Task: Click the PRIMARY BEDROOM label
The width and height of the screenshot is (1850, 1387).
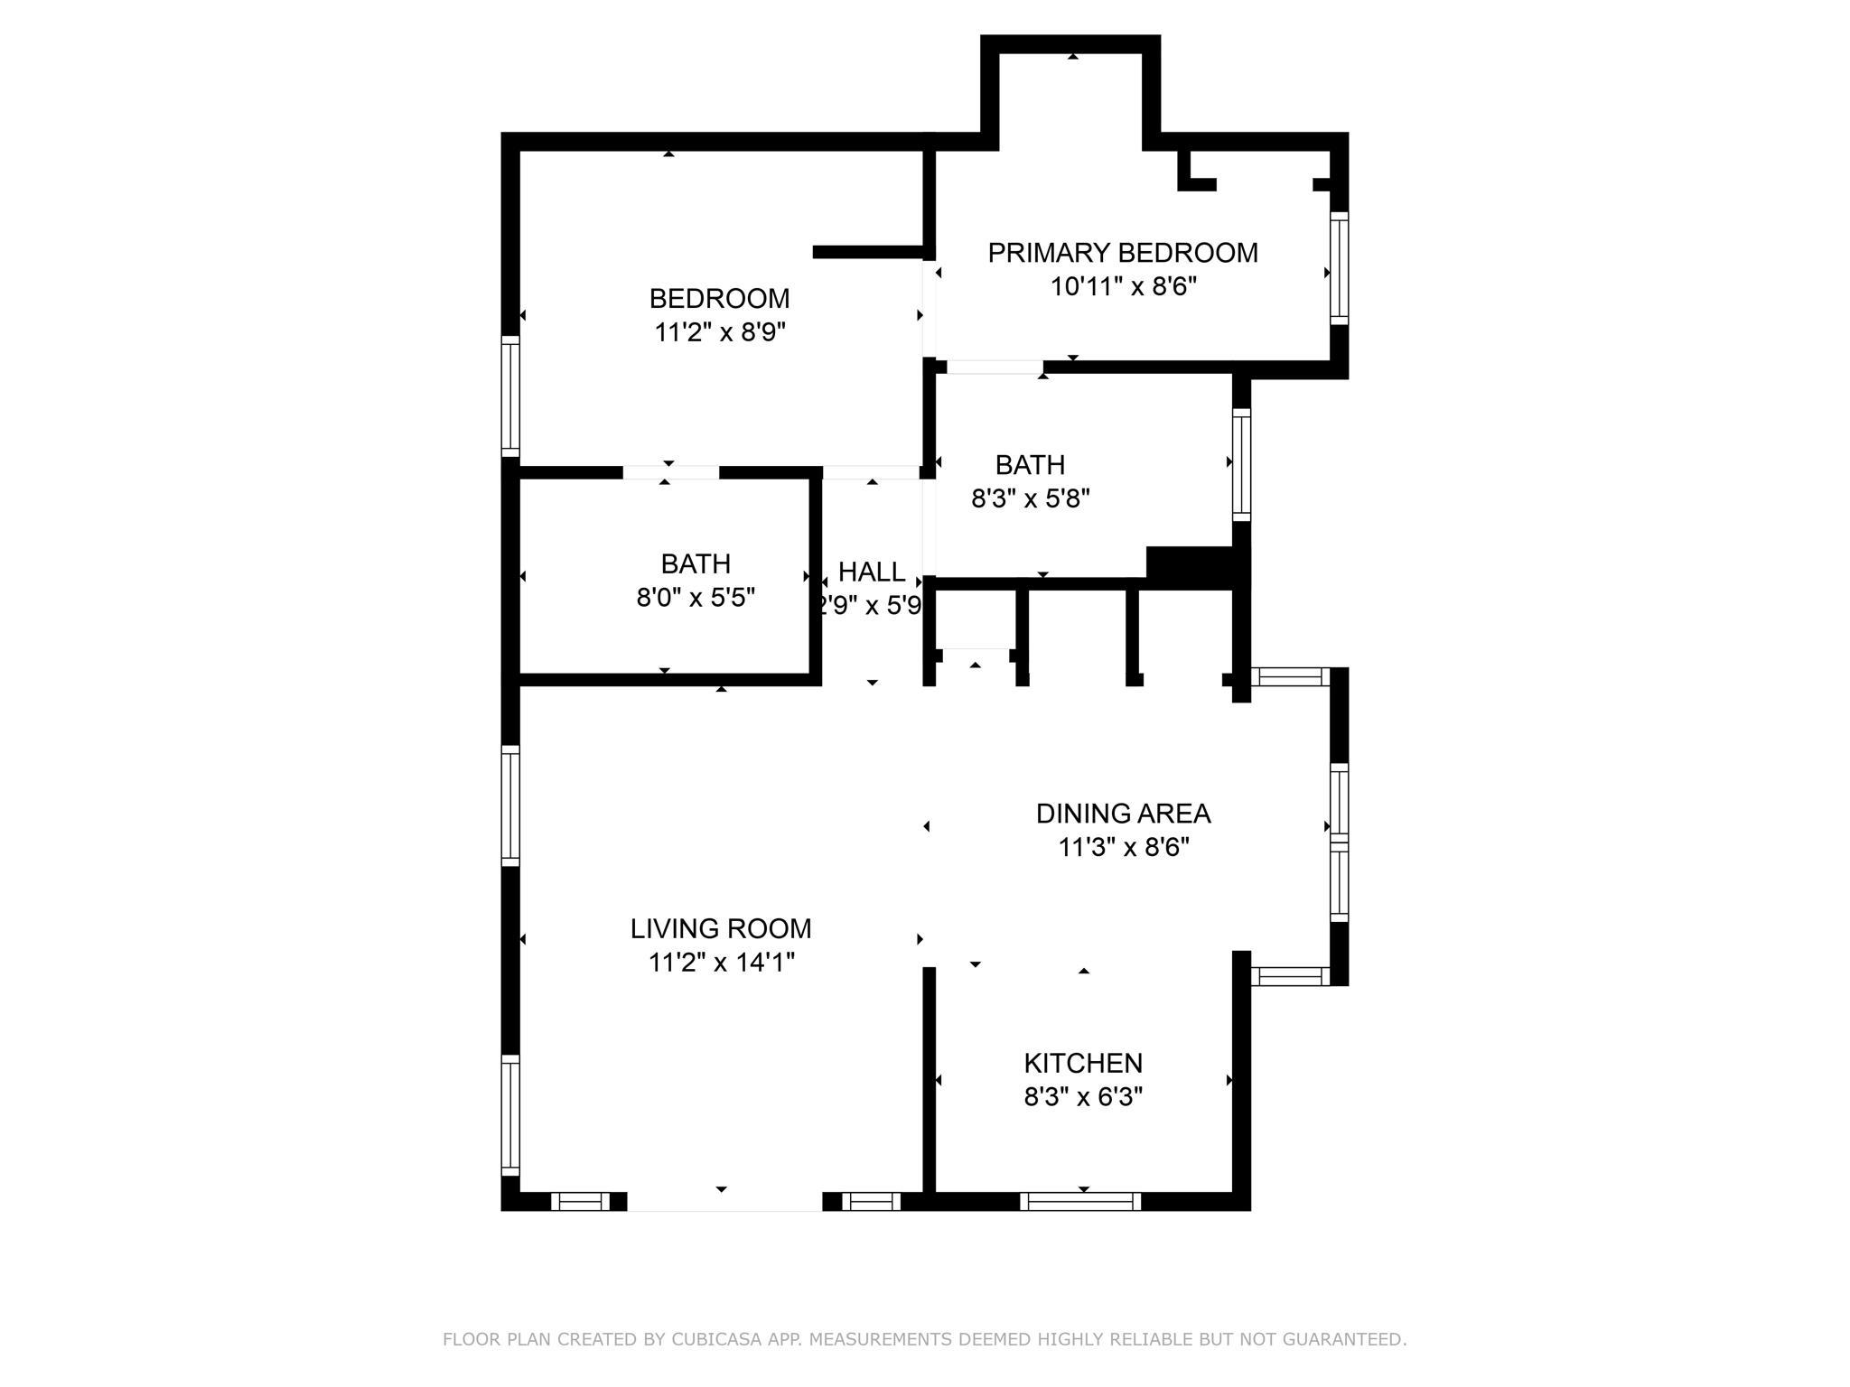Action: tap(1123, 253)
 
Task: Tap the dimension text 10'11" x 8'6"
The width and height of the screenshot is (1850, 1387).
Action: tap(1123, 287)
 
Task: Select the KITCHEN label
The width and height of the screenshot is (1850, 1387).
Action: tap(1083, 1063)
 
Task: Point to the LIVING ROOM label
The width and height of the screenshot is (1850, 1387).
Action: tap(721, 928)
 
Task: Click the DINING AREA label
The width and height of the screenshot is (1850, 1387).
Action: tap(1123, 814)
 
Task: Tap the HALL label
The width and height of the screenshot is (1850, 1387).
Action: tap(872, 572)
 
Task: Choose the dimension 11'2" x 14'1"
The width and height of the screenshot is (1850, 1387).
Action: tap(722, 963)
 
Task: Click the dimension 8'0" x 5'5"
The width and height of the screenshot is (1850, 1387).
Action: tap(696, 598)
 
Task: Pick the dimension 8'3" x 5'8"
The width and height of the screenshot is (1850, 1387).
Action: tap(1031, 498)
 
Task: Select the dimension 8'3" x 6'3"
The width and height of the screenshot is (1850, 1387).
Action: tap(1083, 1097)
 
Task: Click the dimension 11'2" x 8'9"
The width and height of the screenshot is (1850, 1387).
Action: tap(720, 332)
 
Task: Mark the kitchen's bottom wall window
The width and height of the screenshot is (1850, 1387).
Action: tap(1080, 1201)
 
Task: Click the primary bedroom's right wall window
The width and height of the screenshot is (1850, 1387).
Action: tap(1340, 268)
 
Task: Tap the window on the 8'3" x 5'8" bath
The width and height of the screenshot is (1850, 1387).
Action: tap(1242, 465)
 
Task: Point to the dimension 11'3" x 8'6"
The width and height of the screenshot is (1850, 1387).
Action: tap(1124, 848)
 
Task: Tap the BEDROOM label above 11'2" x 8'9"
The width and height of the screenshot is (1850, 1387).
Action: tap(720, 298)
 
